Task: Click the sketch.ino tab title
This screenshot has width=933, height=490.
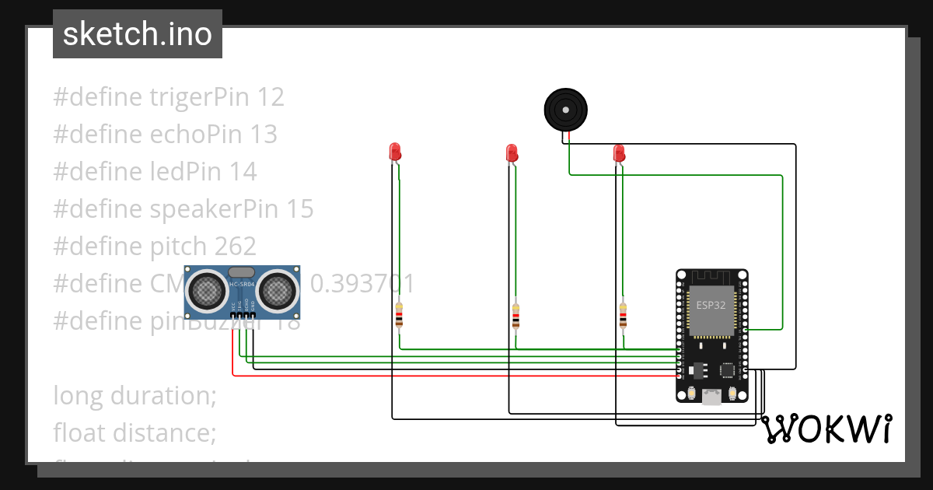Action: pos(137,34)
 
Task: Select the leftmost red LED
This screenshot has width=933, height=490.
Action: pos(395,152)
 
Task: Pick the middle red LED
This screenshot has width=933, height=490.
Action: pos(512,152)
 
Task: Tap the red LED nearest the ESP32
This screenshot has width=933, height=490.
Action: pos(619,152)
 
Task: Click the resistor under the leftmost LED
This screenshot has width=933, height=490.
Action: pos(399,316)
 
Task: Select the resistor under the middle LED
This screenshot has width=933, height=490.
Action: pos(515,316)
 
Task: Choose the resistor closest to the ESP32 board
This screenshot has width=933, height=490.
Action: pos(623,316)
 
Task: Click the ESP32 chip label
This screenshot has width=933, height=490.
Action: pos(711,305)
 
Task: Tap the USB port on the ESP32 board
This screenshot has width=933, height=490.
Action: pos(711,397)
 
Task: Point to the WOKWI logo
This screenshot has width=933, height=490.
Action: pos(826,429)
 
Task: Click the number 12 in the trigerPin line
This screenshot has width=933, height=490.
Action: pos(271,97)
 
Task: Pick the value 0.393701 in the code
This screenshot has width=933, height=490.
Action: pos(362,284)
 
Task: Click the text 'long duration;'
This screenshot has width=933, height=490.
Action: pos(135,396)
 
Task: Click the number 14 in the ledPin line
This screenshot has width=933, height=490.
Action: pos(243,172)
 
